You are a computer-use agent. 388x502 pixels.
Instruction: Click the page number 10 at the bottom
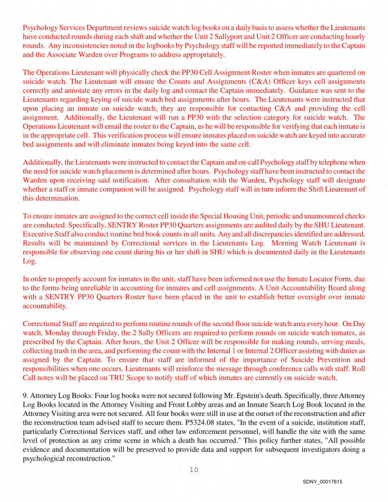pyautogui.click(x=194, y=470)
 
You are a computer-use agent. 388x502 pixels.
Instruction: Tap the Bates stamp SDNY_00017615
pyautogui.click(x=322, y=482)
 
